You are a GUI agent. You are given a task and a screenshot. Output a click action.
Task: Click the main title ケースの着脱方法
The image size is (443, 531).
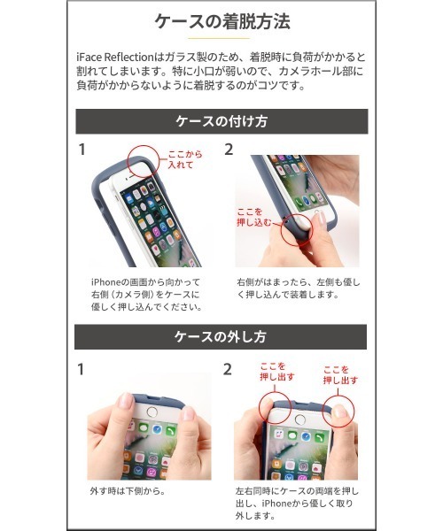221,20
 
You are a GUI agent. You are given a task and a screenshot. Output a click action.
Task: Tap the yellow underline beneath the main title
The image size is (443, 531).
221,39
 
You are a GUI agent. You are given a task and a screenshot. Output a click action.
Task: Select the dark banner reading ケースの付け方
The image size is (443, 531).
221,121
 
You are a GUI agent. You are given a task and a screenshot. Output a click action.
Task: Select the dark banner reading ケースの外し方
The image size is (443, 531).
221,336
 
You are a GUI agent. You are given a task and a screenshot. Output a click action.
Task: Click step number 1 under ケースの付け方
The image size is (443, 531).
82,150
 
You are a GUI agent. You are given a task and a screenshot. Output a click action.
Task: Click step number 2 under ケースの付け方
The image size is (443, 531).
229,150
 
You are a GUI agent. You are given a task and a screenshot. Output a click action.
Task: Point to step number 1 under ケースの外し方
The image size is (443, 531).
82,369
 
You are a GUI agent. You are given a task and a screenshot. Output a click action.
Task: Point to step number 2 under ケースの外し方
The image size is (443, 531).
229,369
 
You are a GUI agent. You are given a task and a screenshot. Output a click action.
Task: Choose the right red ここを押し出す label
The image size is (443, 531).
339,373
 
